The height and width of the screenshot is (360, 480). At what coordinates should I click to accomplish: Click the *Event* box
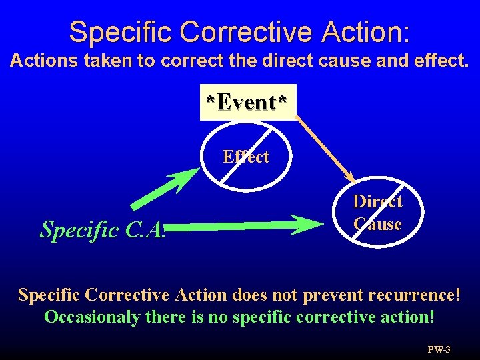pyautogui.click(x=247, y=103)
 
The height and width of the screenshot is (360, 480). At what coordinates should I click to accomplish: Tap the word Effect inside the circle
pyautogui.click(x=246, y=157)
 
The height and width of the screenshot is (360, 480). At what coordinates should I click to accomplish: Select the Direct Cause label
pyautogui.click(x=377, y=213)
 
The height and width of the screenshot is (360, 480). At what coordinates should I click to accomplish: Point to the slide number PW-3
pyautogui.click(x=439, y=349)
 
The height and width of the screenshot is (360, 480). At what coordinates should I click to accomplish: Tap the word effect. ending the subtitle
pyautogui.click(x=441, y=61)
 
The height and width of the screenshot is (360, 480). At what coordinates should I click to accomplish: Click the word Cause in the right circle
pyautogui.click(x=377, y=224)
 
